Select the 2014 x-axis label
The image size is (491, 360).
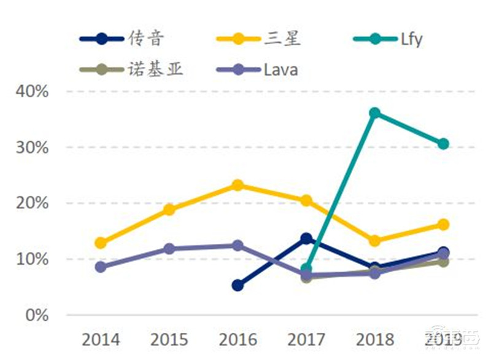point(101,339)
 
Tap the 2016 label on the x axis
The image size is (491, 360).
point(238,339)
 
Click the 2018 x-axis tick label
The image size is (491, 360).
point(374,339)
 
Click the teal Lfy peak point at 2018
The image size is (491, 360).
point(374,113)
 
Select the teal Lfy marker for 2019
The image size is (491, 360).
point(443,144)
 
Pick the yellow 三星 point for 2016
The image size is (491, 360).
point(238,185)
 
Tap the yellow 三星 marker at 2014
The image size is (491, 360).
point(101,243)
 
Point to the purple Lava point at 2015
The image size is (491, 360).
point(169,249)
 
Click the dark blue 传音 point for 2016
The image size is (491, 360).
point(238,285)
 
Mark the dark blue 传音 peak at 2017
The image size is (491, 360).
point(306,238)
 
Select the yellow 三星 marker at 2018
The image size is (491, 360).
point(374,241)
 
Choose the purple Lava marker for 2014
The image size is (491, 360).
point(101,267)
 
